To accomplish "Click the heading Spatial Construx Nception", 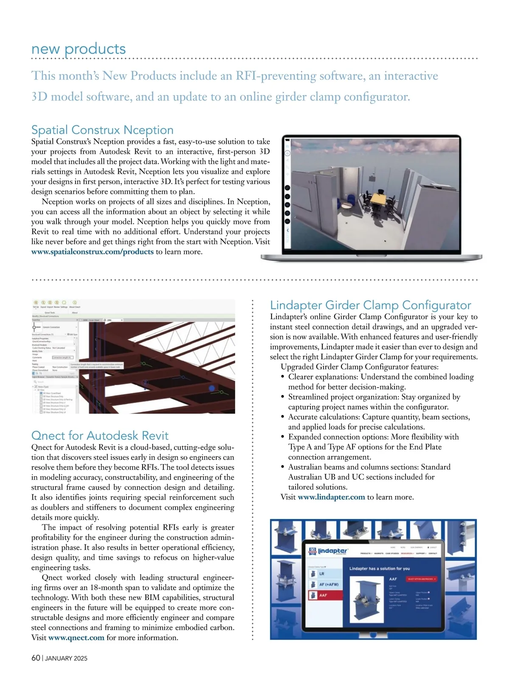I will point(102,130).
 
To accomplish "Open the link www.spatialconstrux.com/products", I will point(92,252).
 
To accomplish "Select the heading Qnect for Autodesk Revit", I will point(100,436).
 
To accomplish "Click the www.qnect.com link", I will point(76,638).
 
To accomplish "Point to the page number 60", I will point(36,658).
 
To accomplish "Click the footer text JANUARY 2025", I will point(66,659).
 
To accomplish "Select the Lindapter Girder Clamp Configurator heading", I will point(370,305).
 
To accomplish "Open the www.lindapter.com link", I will point(331,497).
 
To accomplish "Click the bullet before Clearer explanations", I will point(282,377).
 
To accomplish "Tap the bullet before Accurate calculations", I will point(282,417).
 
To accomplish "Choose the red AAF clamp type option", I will point(325,595).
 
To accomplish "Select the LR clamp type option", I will point(324,574).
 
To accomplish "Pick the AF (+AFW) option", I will point(325,584).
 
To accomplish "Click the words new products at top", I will point(78,49).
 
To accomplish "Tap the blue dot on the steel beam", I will point(212,388).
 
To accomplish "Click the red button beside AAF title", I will point(422,579).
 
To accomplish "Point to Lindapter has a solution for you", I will point(379,569).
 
